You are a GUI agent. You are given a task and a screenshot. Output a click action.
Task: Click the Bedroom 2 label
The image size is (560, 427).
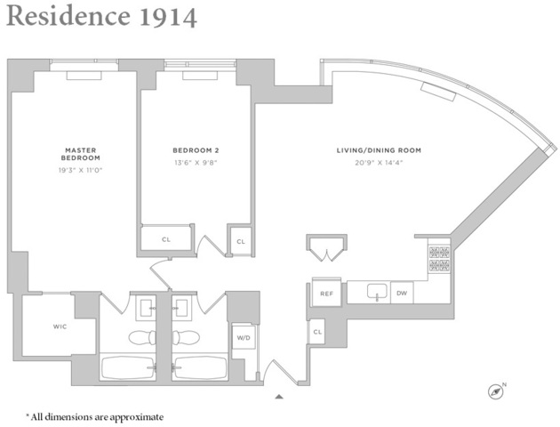pos(196,150)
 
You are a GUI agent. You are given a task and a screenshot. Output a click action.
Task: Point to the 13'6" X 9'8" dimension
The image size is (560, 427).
pos(196,164)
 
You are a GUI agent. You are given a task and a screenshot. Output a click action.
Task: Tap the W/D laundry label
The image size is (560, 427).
pos(242,338)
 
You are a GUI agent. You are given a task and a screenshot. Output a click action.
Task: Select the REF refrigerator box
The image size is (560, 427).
pos(326,293)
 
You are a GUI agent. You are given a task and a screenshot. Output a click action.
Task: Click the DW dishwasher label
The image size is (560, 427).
pos(402,292)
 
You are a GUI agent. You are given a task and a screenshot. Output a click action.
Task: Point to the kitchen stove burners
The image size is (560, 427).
pos(438,257)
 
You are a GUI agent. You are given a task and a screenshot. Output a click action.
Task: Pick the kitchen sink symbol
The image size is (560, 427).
pos(374,292)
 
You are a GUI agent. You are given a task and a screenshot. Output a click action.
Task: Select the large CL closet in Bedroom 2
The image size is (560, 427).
pos(166,238)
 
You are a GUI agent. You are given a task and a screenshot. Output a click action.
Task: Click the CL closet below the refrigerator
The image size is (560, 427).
pos(317,333)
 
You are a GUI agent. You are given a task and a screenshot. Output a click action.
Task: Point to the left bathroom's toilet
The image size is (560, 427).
pos(143,338)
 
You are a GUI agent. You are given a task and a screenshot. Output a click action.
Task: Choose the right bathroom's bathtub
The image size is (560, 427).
pos(200,367)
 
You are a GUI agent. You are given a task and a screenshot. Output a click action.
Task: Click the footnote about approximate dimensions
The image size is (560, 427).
pos(94,415)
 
